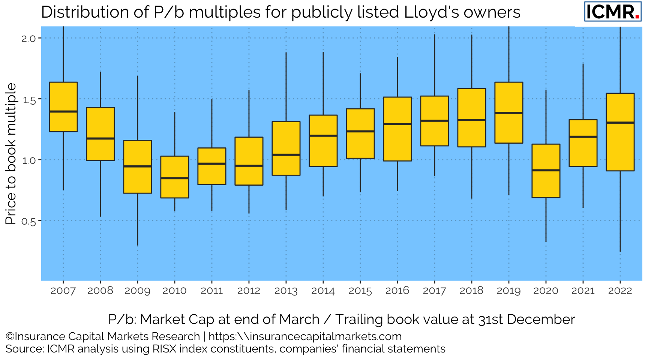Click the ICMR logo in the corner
coord(612,12)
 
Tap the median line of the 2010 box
coord(175,178)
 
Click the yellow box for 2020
coord(546,184)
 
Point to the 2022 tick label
coord(620,291)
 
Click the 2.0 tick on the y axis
coord(28,38)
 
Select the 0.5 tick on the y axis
coord(28,221)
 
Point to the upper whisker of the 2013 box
coord(286,86)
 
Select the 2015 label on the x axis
coord(360,291)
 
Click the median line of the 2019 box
coord(509,112)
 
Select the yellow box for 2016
coord(397,142)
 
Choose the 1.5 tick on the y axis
coord(28,99)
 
